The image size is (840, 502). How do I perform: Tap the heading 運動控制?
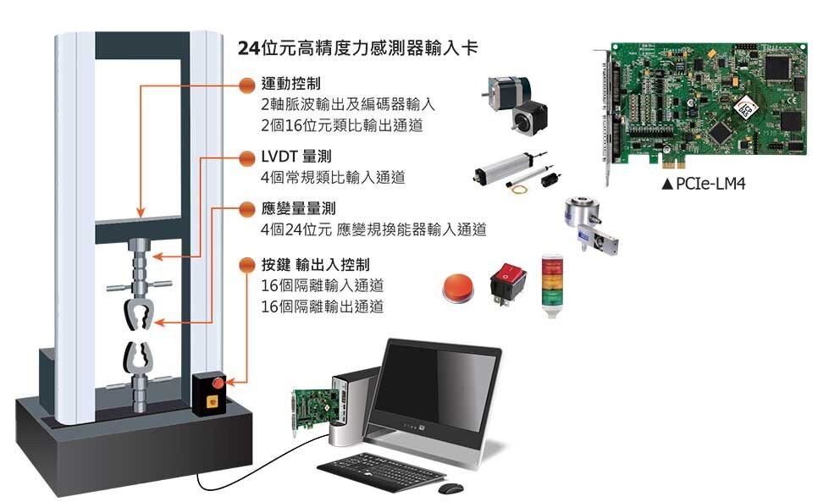[x=291, y=84]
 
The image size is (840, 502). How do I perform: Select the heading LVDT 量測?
[x=296, y=157]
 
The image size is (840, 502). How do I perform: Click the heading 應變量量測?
[x=298, y=208]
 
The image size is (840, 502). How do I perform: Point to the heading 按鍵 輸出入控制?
[x=316, y=264]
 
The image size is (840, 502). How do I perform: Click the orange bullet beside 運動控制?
[x=247, y=85]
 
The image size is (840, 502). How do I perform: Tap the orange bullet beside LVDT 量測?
[x=247, y=158]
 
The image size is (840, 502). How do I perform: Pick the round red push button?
[x=457, y=288]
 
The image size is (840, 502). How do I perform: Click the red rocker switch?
[x=508, y=284]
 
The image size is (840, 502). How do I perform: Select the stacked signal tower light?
[x=550, y=285]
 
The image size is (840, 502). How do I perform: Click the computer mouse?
[x=450, y=488]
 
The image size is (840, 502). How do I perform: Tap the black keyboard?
[x=381, y=472]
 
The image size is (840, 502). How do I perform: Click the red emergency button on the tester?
[x=218, y=383]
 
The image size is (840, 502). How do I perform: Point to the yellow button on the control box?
[x=213, y=400]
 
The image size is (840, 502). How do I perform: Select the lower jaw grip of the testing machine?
[x=139, y=356]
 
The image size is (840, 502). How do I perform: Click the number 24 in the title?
[x=249, y=48]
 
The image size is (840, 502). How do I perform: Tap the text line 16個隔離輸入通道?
[x=323, y=285]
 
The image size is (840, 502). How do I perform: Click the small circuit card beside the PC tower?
[x=314, y=410]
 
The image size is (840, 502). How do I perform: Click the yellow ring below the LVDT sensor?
[x=518, y=189]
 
